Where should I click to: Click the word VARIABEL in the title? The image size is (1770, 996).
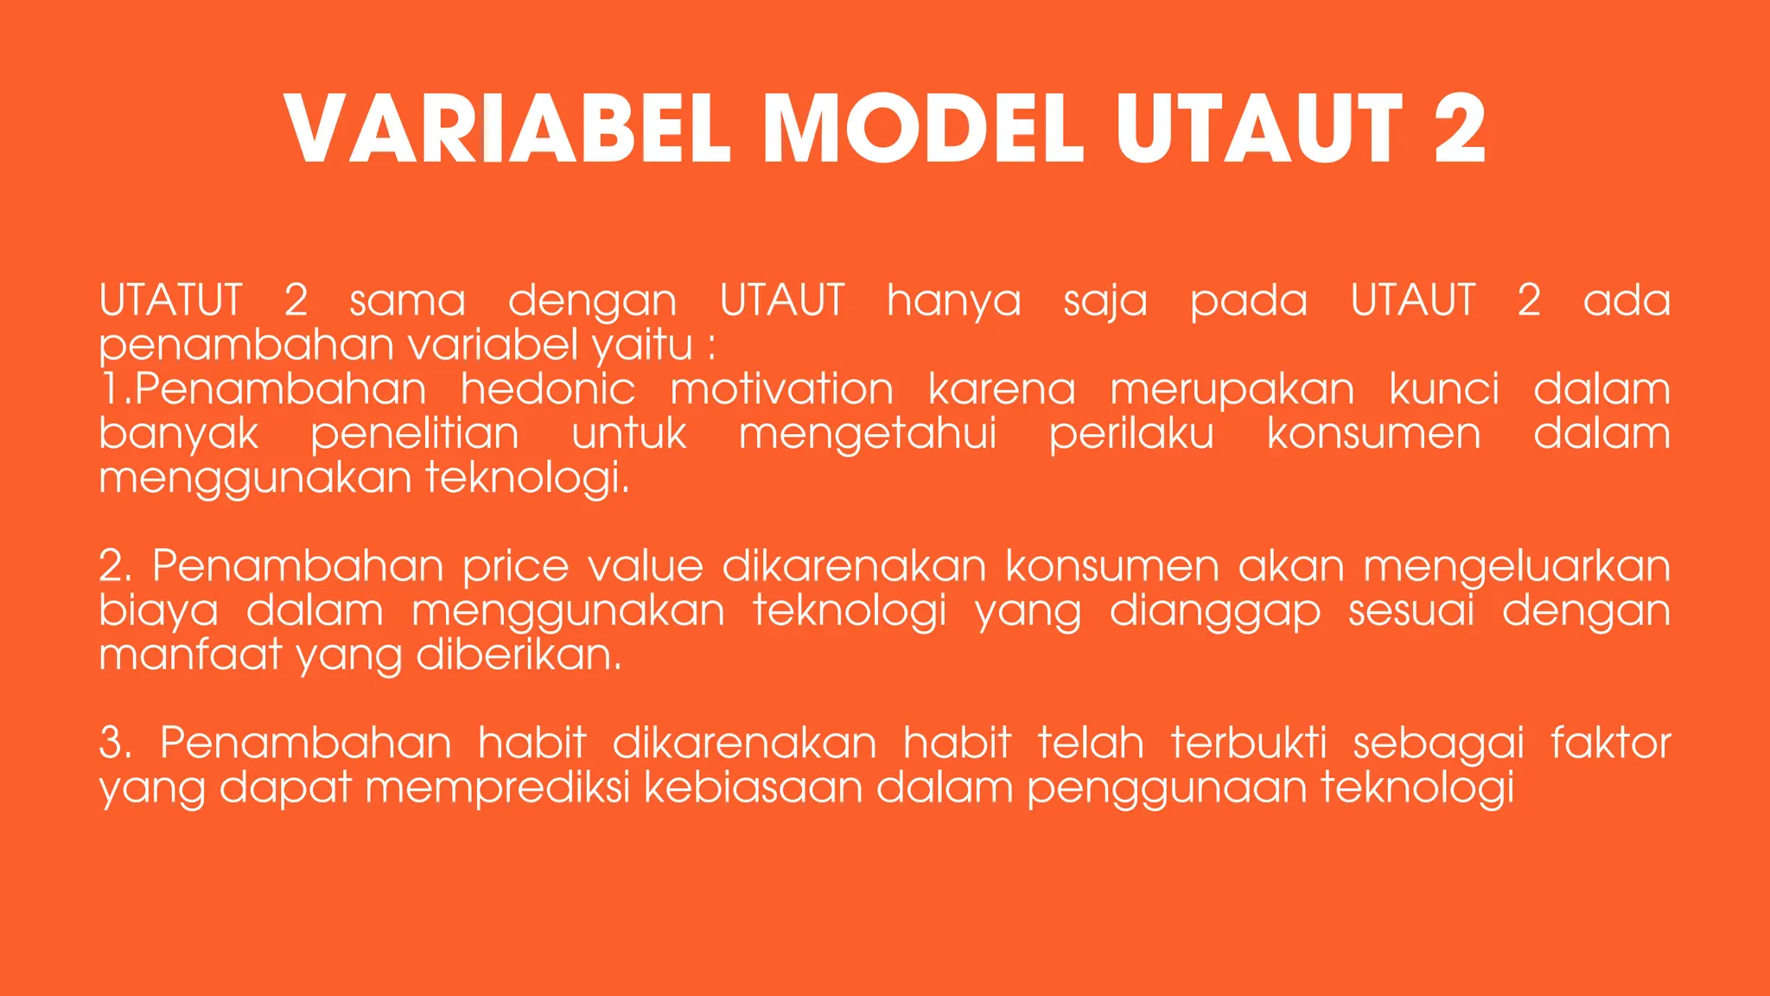pyautogui.click(x=508, y=130)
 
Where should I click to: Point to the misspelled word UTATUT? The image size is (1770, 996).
pyautogui.click(x=170, y=301)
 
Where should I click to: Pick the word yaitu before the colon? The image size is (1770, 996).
pyautogui.click(x=643, y=346)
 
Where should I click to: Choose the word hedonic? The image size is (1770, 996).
pyautogui.click(x=548, y=389)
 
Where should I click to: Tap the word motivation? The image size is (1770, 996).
pyautogui.click(x=782, y=389)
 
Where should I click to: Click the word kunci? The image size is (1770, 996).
pyautogui.click(x=1444, y=389)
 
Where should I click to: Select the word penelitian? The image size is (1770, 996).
pyautogui.click(x=415, y=434)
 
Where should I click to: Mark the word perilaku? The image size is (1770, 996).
pyautogui.click(x=1131, y=434)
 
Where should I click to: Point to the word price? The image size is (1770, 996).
pyautogui.click(x=515, y=567)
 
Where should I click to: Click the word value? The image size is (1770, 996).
pyautogui.click(x=646, y=566)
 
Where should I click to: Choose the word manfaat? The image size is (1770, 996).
pyautogui.click(x=190, y=654)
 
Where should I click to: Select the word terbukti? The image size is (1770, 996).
pyautogui.click(x=1249, y=744)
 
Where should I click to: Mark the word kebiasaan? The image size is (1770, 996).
pyautogui.click(x=753, y=788)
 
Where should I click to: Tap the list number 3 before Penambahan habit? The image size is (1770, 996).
pyautogui.click(x=112, y=744)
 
